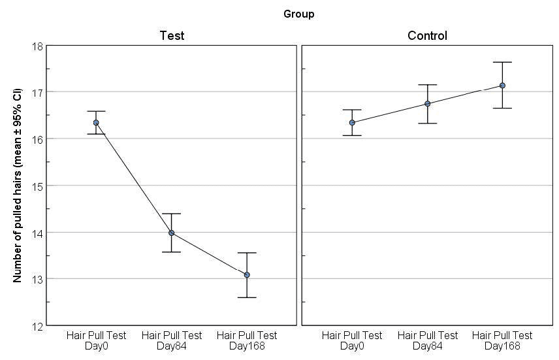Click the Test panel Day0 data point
[x=96, y=122]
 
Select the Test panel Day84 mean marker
[x=172, y=233]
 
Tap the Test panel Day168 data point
[x=247, y=275]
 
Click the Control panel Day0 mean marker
[x=352, y=122]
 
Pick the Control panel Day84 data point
[x=427, y=103]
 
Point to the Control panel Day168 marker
[x=502, y=85]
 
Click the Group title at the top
[x=298, y=14]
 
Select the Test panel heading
[x=172, y=35]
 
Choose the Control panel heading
[x=427, y=35]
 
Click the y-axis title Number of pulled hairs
[x=18, y=186]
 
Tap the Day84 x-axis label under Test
[x=172, y=340]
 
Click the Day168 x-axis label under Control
[x=502, y=340]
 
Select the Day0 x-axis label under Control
[x=352, y=340]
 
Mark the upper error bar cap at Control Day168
[x=502, y=62]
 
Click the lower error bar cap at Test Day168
[x=247, y=297]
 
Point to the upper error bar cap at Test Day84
[x=172, y=214]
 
